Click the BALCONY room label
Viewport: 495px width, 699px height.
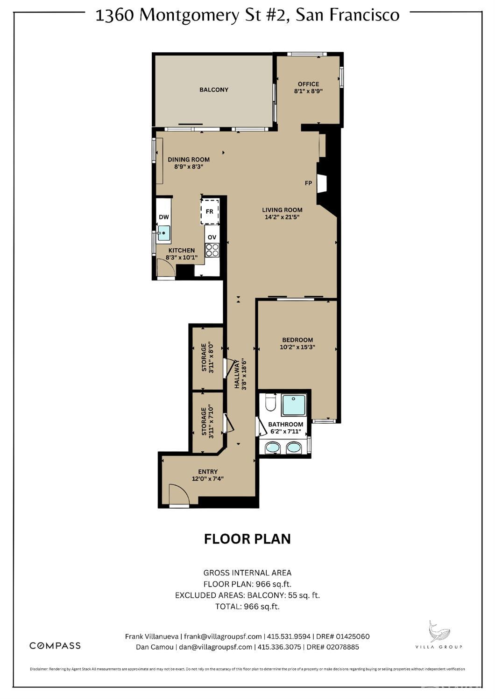coord(213,90)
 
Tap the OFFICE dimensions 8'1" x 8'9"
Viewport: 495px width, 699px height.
coord(308,91)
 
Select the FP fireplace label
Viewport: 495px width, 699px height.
coord(308,183)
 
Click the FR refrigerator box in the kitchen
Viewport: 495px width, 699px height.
coord(210,211)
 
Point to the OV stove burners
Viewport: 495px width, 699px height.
coord(212,251)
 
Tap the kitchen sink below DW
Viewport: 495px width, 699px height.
coord(163,233)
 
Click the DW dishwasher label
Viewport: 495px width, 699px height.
coord(163,217)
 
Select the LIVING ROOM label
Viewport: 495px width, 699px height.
coord(282,210)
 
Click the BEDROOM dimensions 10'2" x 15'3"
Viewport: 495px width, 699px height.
coord(297,347)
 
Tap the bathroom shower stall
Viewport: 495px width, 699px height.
coord(294,405)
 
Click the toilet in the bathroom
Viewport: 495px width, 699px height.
coord(270,403)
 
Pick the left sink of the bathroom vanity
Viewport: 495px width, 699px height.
coord(272,448)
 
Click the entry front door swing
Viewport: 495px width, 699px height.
coord(178,496)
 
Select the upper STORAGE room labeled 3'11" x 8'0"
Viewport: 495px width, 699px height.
coord(207,358)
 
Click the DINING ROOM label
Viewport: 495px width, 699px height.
coord(189,160)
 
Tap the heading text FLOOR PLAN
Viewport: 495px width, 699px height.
coord(247,538)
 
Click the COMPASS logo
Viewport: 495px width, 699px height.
coord(55,646)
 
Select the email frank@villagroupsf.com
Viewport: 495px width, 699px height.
coord(222,636)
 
